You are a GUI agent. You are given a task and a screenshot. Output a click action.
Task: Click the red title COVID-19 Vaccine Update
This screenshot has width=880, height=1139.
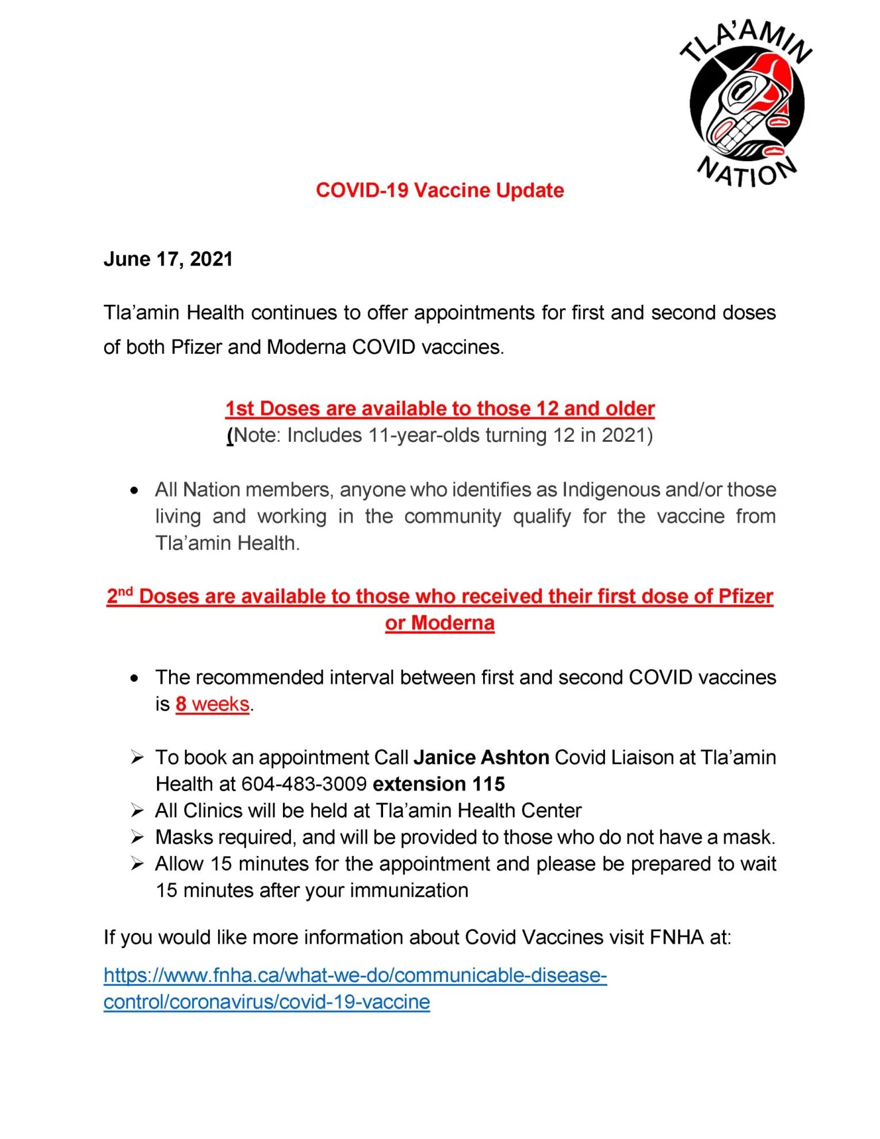tap(439, 190)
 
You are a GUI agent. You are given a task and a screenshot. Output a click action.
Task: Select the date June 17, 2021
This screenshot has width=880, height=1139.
tap(168, 259)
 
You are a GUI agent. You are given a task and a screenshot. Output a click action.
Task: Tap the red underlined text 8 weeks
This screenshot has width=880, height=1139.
tap(212, 704)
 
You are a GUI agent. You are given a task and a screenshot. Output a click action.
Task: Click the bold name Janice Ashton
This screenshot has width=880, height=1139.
tap(481, 758)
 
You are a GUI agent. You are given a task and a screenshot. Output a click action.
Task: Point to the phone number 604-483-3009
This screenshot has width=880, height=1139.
tap(304, 784)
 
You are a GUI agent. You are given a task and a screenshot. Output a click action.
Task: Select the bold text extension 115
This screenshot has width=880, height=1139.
tap(439, 784)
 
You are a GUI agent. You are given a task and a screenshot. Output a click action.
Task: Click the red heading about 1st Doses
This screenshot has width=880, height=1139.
tap(439, 408)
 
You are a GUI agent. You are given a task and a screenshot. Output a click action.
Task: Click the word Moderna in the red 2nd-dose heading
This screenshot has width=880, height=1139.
tap(453, 623)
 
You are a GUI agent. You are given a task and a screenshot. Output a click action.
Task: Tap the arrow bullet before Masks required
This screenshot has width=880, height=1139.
tap(137, 837)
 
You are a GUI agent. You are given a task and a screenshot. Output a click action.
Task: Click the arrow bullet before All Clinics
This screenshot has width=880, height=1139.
tap(137, 811)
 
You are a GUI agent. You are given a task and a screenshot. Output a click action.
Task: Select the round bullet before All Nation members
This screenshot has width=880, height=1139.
tap(135, 491)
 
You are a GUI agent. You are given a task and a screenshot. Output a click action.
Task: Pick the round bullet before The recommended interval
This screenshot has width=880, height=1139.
tap(135, 678)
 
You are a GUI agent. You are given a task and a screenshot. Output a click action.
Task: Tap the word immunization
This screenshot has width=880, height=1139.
tap(409, 890)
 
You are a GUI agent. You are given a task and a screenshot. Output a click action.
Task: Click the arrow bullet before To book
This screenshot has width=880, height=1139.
tap(137, 758)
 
